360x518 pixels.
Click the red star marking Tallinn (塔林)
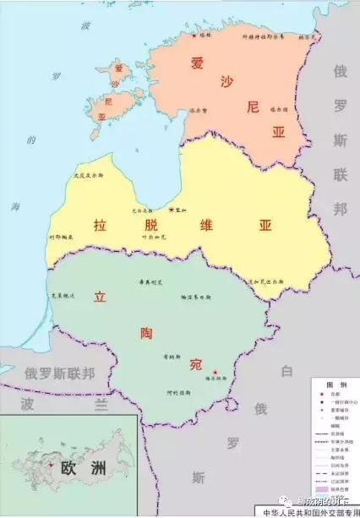point(194,35)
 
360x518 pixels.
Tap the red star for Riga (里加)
point(171,209)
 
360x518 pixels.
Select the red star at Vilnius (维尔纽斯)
point(216,373)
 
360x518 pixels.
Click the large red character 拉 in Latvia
point(101,226)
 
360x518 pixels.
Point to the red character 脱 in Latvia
point(151,226)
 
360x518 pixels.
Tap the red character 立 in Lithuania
point(101,297)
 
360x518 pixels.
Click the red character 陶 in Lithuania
point(145,332)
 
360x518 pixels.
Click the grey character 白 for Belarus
point(286,370)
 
